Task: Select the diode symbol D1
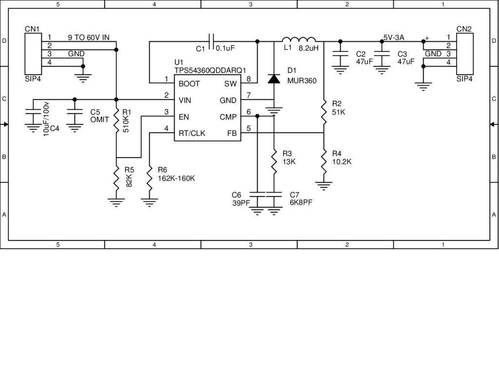click(x=274, y=79)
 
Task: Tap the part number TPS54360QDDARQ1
click(x=210, y=70)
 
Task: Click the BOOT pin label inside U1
click(x=189, y=83)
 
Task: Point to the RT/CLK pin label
click(x=192, y=133)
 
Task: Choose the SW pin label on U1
click(x=231, y=83)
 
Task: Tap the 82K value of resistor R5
click(x=129, y=180)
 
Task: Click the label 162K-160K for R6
click(x=176, y=178)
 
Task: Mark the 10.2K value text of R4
click(x=342, y=161)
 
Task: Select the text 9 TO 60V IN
click(x=88, y=37)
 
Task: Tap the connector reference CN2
click(x=463, y=29)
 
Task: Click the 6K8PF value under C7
click(x=301, y=203)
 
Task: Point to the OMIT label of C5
click(x=99, y=119)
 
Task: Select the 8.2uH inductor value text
click(x=308, y=48)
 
